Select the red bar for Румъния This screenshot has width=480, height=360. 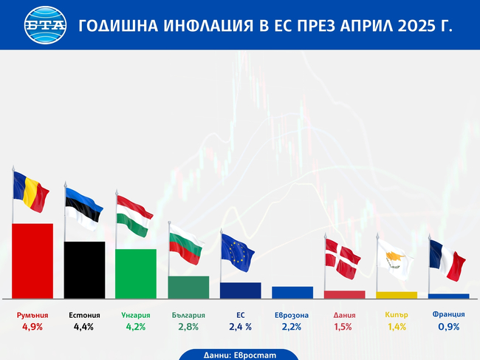pos(32,260)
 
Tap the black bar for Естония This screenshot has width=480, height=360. pos(84,269)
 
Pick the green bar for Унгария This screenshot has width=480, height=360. pos(136,273)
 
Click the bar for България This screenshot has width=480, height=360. pos(188,287)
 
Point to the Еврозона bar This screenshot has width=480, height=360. pos(292,292)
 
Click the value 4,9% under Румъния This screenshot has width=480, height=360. pos(32,327)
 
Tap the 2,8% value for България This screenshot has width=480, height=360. pos(188,327)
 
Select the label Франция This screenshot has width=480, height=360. pos(448,314)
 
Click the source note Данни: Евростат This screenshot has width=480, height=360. pos(239,355)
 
